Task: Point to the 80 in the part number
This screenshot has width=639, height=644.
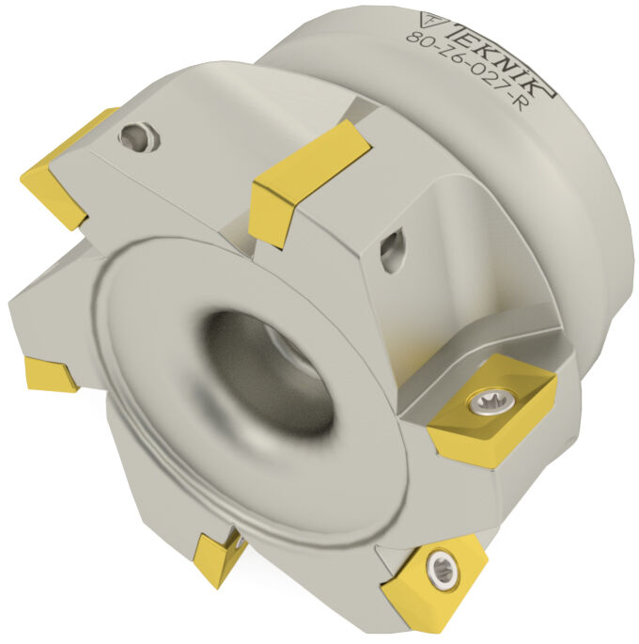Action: pyautogui.click(x=418, y=39)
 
